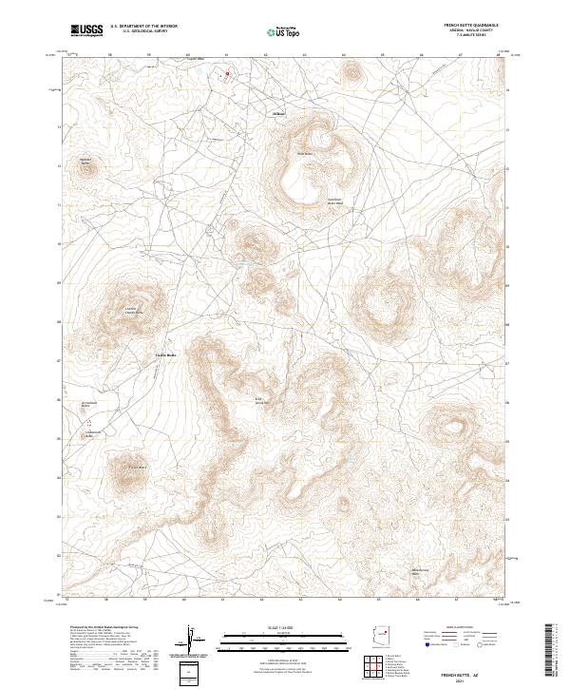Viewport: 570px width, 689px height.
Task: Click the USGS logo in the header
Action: coord(86,30)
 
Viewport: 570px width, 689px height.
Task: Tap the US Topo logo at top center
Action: coord(284,31)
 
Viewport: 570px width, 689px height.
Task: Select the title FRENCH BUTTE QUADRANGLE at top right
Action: coord(470,25)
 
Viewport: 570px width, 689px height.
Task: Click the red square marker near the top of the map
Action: coord(227,72)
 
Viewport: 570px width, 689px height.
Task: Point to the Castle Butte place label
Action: coord(166,355)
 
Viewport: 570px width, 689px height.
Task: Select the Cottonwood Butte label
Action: coord(92,434)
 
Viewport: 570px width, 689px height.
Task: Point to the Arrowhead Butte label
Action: coord(88,405)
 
